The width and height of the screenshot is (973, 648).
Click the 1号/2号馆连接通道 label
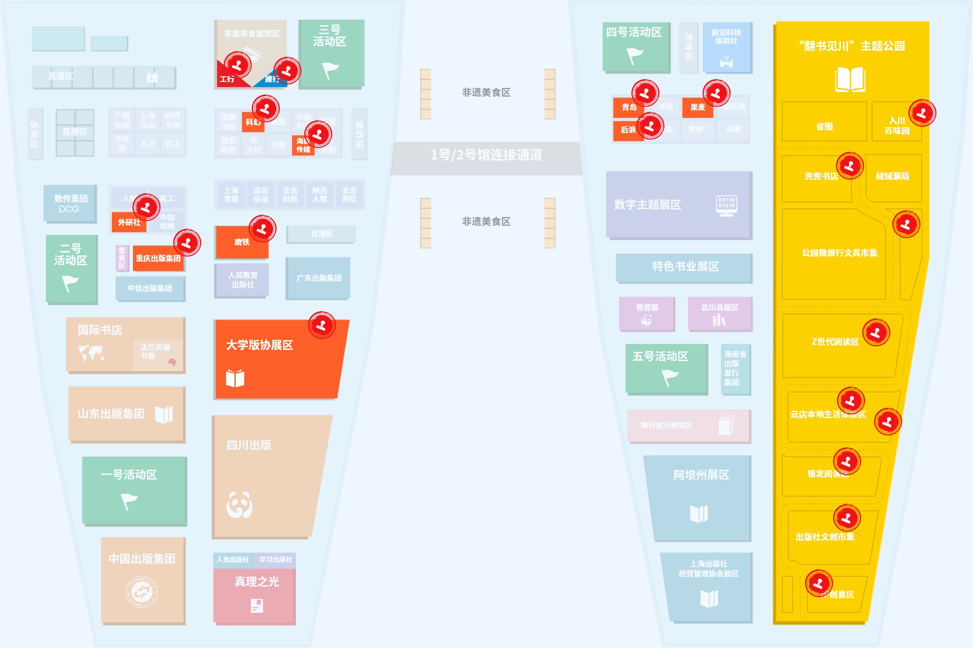pos(486,155)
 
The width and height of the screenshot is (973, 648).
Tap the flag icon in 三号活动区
pos(330,70)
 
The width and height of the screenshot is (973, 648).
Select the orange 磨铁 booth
pos(241,242)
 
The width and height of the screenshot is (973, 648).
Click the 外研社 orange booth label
pos(129,222)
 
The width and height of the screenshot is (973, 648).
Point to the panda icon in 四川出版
pos(240,505)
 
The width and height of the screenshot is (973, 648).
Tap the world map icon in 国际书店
pos(91,353)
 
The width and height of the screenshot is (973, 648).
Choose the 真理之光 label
pos(256,582)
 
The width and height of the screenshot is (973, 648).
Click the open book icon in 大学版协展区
pos(235,378)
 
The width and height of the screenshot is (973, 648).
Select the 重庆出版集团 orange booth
pos(158,258)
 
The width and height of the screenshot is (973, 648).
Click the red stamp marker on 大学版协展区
pos(322,325)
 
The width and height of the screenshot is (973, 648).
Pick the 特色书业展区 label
pos(685,267)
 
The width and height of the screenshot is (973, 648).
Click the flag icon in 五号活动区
pos(670,377)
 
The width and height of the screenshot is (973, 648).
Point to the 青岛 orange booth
pos(629,107)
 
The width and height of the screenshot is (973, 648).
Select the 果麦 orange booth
pos(697,107)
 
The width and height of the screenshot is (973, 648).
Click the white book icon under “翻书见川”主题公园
pos(850,80)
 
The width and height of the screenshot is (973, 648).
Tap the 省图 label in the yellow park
pos(824,127)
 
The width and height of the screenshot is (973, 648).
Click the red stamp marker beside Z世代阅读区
pos(876,333)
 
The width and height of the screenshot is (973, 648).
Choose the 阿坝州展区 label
pos(701,475)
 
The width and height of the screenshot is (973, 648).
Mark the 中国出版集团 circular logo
pos(142,592)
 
